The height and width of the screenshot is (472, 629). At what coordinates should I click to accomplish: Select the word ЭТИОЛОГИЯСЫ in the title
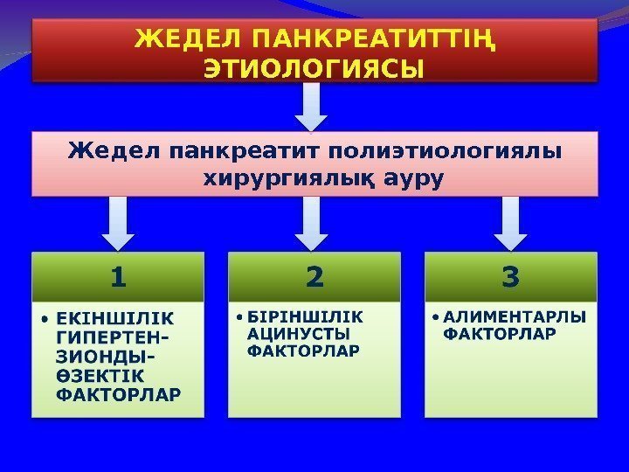[x=314, y=68]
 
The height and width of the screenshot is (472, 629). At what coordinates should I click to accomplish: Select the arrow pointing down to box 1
[x=119, y=222]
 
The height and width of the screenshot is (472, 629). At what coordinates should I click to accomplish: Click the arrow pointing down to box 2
[x=314, y=222]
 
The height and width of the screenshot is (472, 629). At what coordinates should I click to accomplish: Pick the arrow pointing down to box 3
[x=511, y=222]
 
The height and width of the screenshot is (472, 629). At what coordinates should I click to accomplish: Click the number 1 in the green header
[x=119, y=278]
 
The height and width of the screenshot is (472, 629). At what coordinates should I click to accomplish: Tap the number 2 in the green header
[x=314, y=278]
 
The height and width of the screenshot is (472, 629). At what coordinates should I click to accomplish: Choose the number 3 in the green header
[x=511, y=278]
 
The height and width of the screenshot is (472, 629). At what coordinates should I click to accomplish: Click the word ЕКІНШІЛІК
[x=114, y=318]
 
